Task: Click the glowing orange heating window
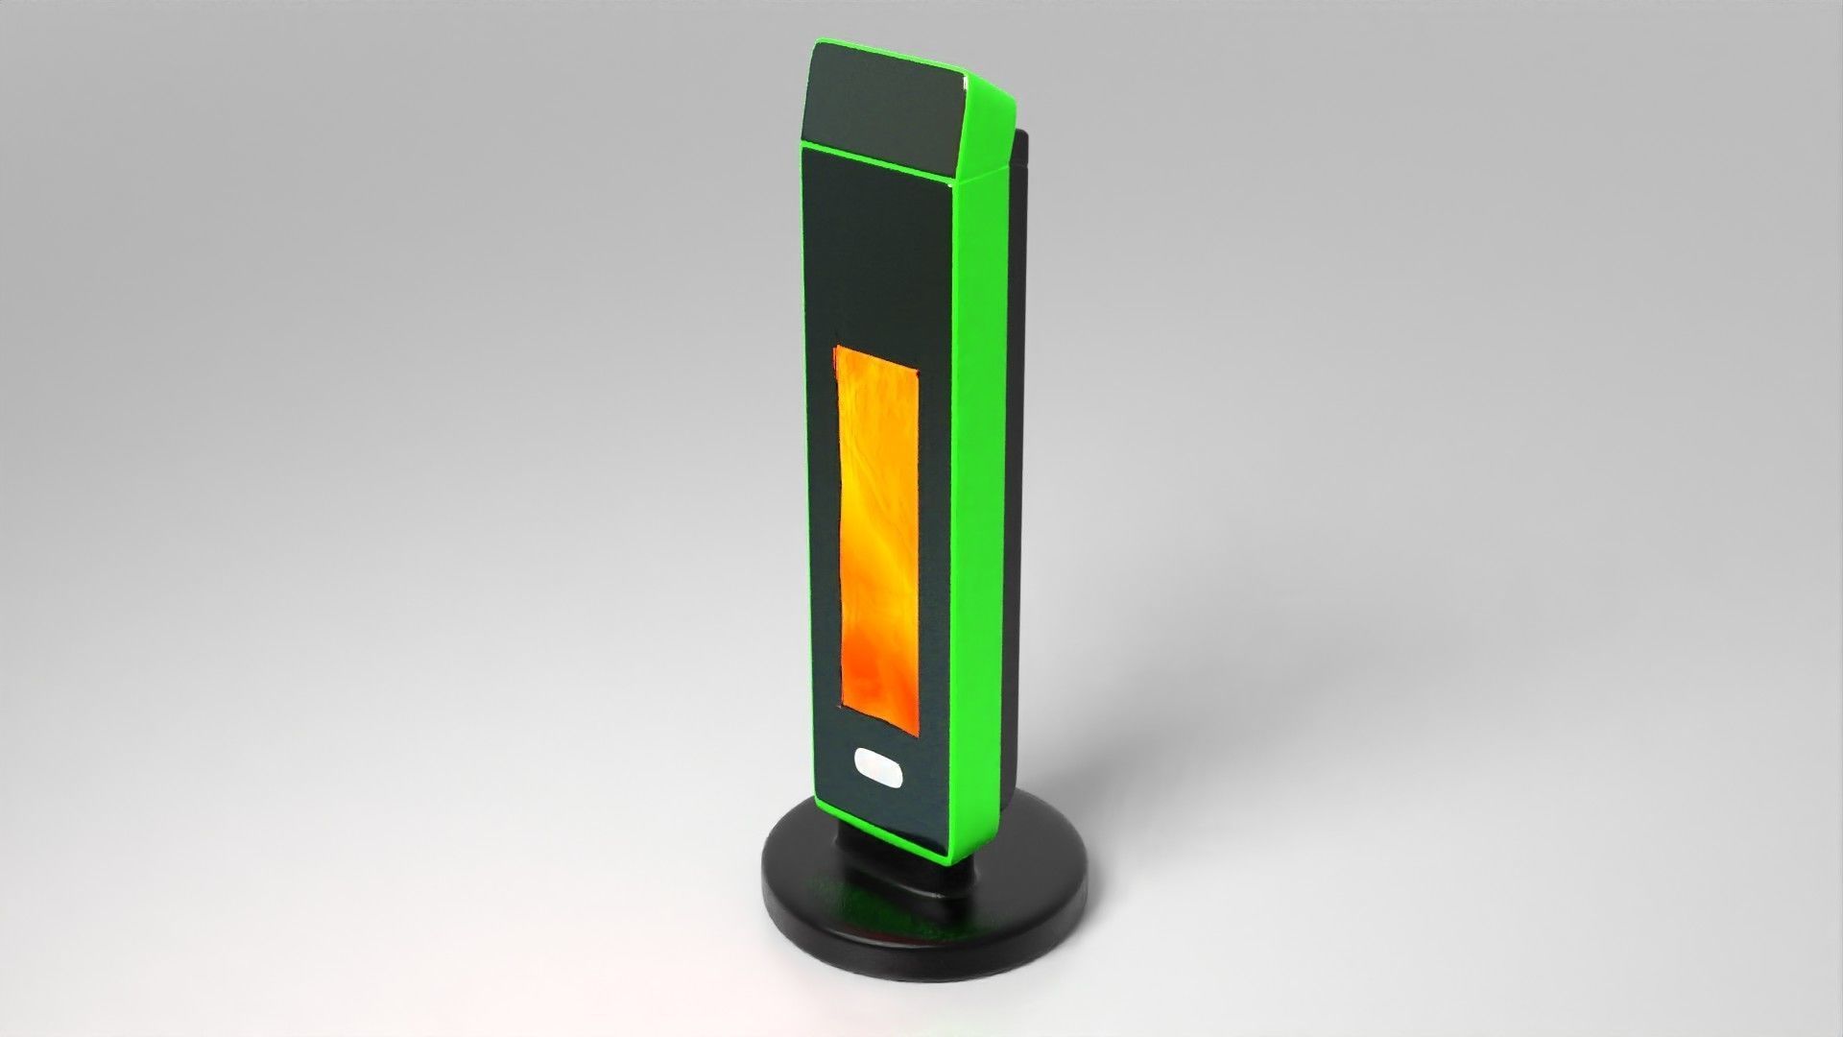coord(878,523)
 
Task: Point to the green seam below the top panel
coord(878,157)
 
